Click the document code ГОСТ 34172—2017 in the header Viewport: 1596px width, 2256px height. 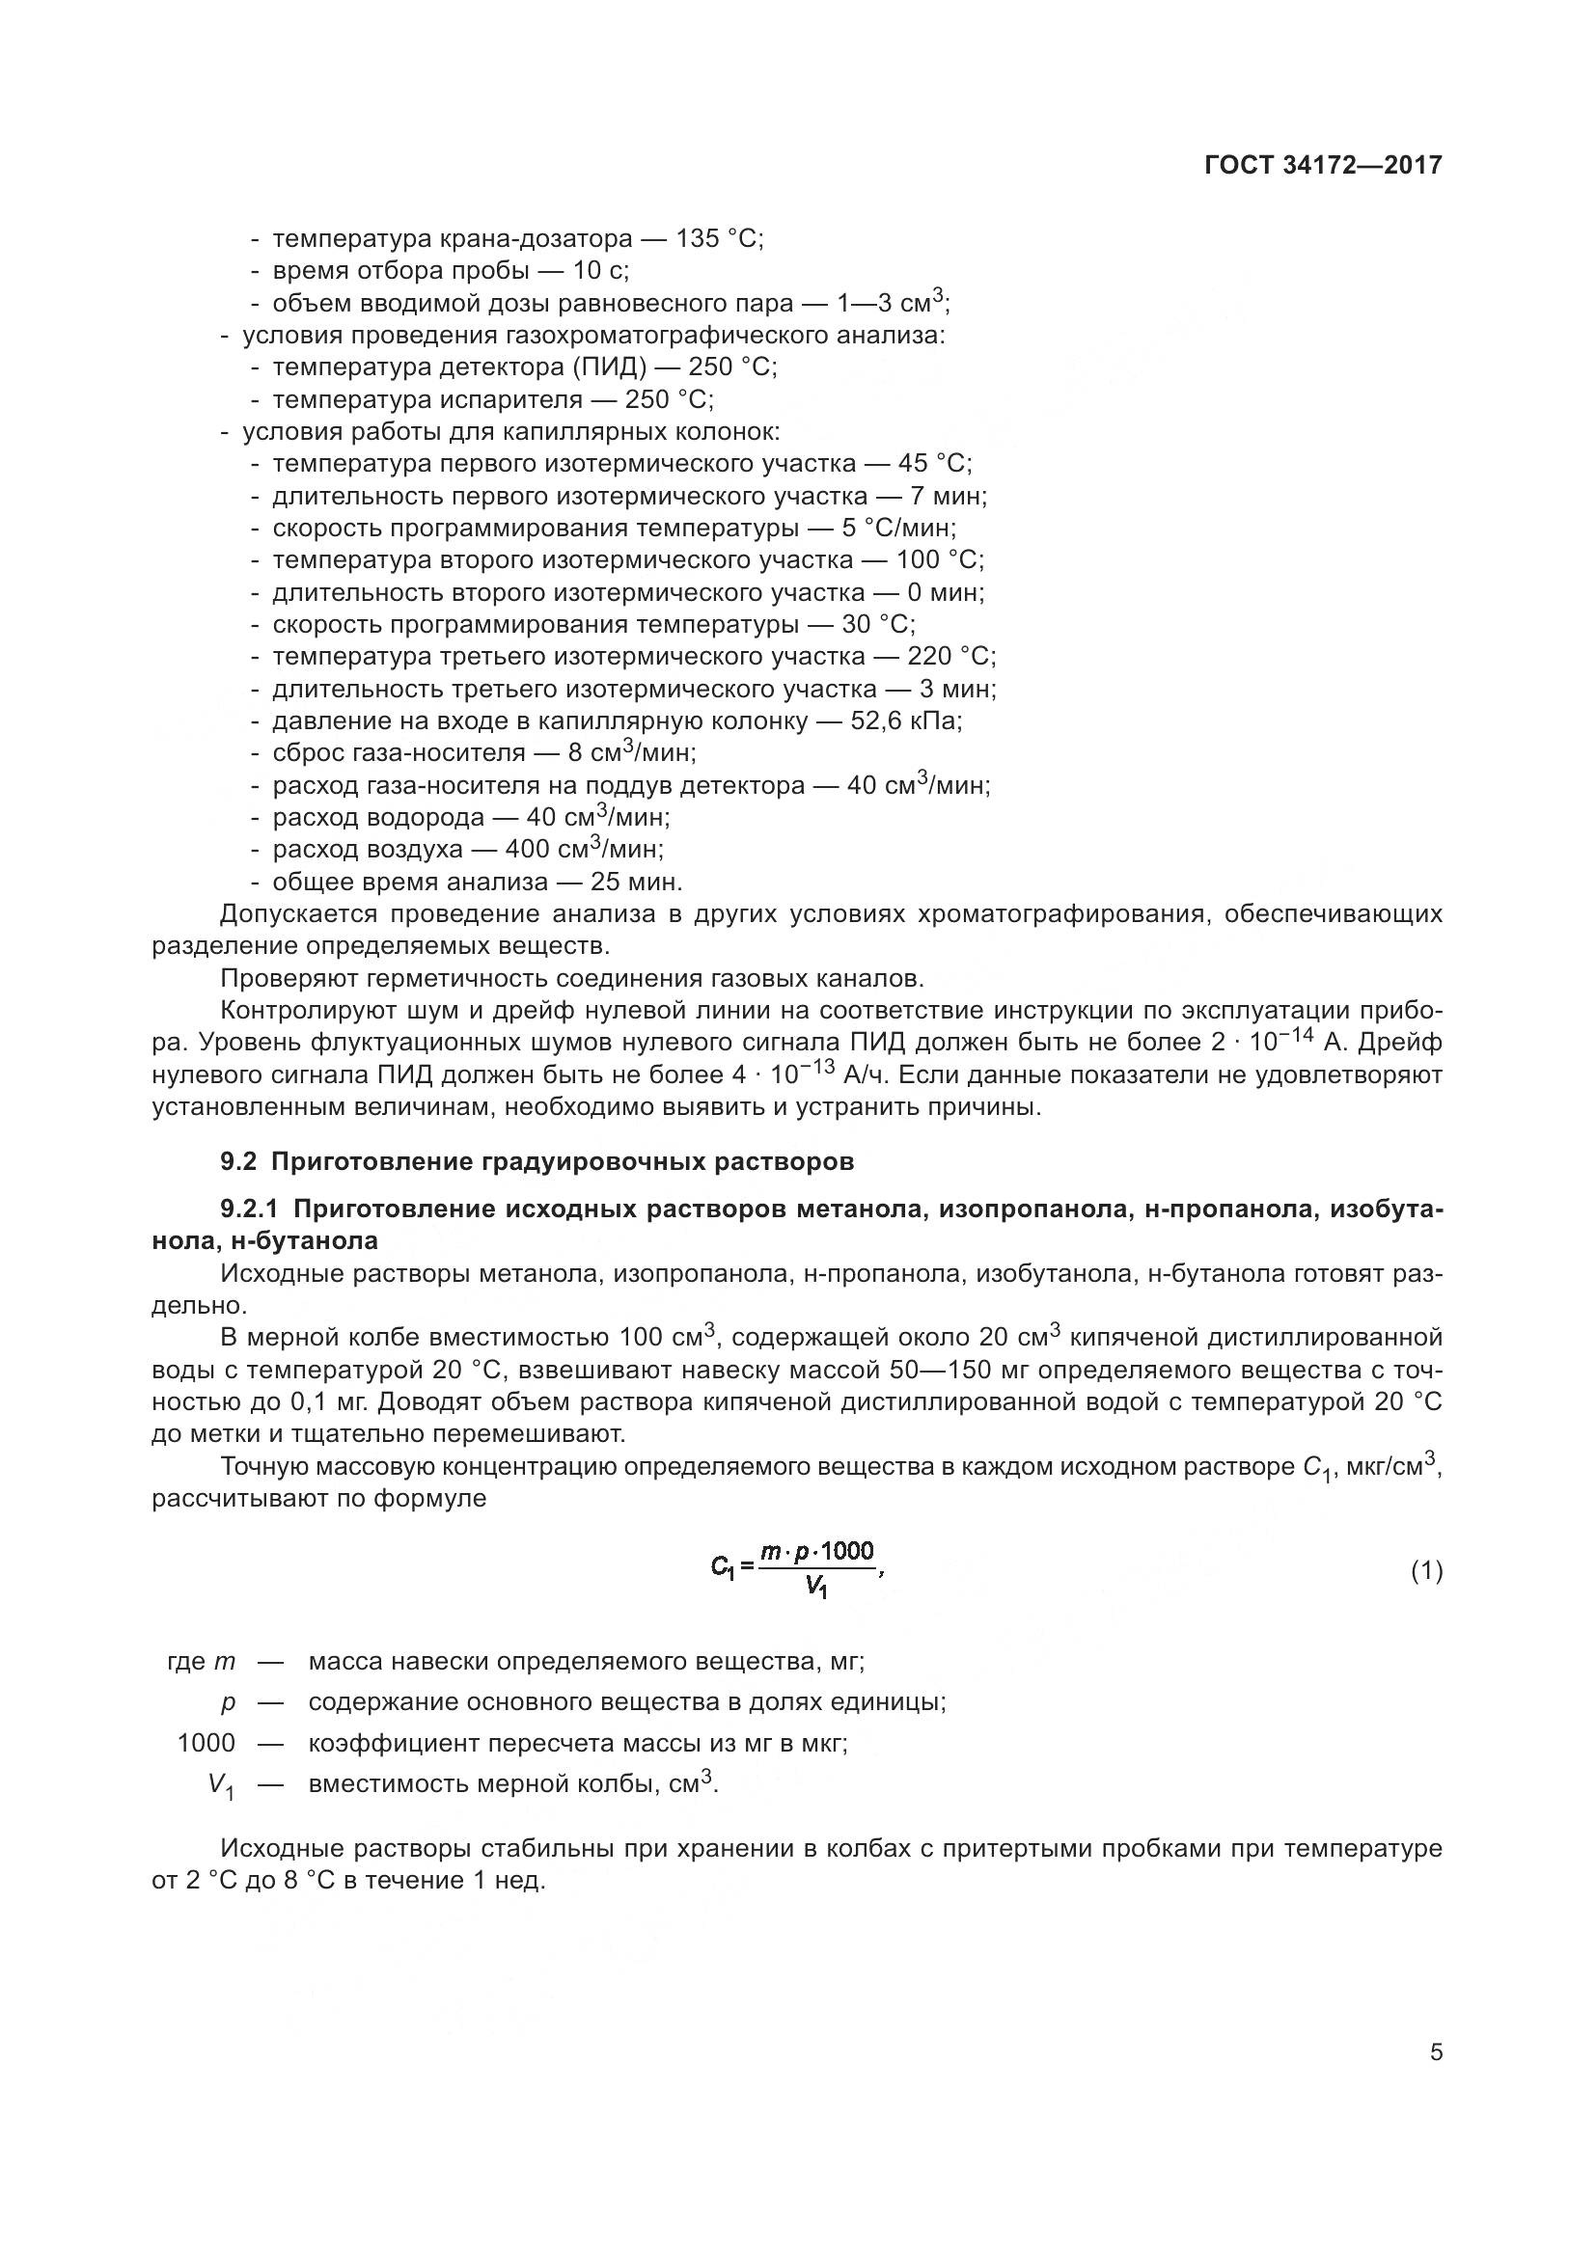coord(1323,165)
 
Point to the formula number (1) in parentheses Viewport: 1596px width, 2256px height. coord(1426,1571)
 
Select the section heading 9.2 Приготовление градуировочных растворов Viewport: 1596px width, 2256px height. coord(537,1162)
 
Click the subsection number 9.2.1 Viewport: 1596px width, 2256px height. coord(253,1210)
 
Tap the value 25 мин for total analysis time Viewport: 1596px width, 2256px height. coord(635,882)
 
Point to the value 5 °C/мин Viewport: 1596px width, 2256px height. coord(897,529)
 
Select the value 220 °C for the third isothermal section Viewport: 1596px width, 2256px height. coord(949,657)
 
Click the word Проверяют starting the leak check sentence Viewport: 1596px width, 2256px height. coord(285,979)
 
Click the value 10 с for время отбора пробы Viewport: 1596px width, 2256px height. coord(599,271)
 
